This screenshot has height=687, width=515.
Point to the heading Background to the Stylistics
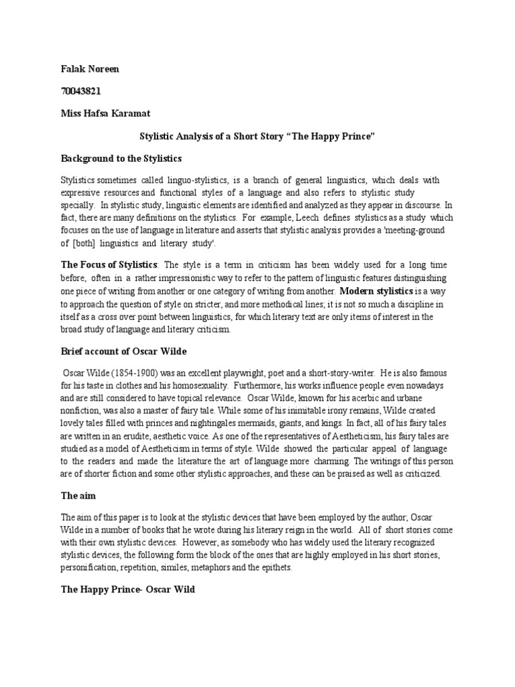(x=121, y=159)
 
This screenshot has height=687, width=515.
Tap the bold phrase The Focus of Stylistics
(x=109, y=266)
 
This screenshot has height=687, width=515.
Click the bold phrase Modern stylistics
(x=376, y=290)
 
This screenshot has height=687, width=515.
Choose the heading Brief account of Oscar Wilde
(x=123, y=351)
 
